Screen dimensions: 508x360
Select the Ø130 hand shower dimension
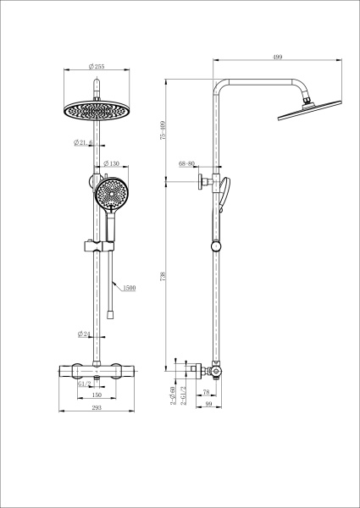pos(112,163)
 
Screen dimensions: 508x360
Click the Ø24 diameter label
pos(84,333)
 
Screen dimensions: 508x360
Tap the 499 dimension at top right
pos(277,57)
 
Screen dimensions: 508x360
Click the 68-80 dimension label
pos(187,163)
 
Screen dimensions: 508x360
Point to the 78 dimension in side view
pos(207,391)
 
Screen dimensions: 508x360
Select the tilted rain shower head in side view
pos(306,107)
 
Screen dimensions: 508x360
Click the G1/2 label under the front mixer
pos(84,384)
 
